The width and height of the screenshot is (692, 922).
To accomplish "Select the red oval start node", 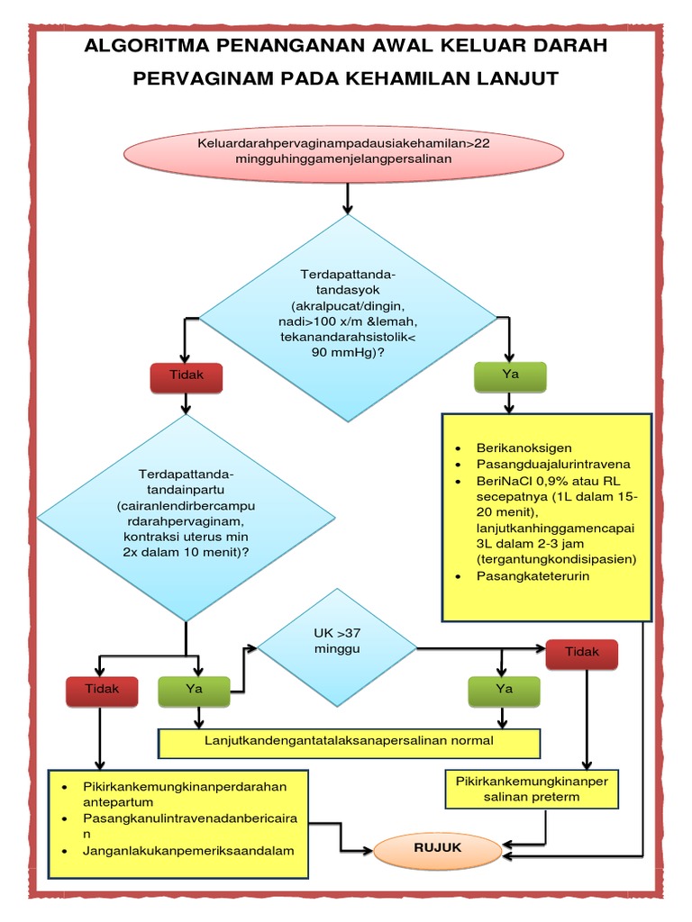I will click(x=345, y=150).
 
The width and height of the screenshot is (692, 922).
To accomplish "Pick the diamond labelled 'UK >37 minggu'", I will click(x=337, y=647).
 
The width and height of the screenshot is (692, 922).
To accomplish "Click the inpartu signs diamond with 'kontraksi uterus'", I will click(x=186, y=519).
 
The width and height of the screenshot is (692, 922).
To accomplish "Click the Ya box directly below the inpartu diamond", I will click(x=193, y=690).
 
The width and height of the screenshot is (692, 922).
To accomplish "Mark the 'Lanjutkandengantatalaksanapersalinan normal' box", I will click(x=350, y=743).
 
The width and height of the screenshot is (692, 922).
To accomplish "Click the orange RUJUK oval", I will click(x=436, y=848).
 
